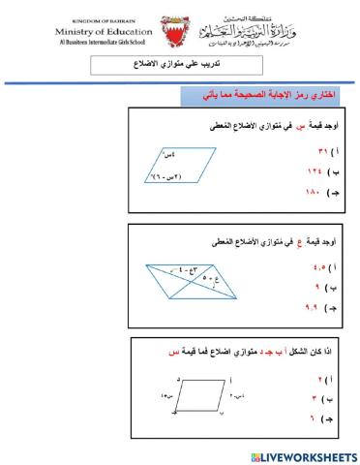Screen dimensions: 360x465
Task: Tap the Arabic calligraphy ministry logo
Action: click(x=249, y=36)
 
